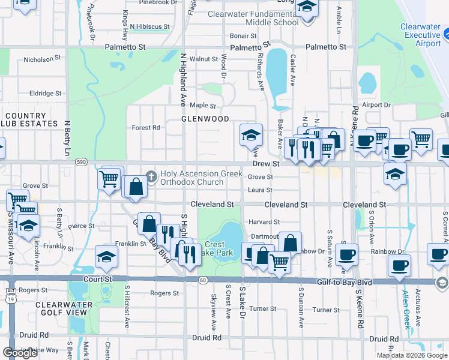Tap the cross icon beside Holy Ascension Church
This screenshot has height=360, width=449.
151,177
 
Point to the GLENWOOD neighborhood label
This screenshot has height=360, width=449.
205,119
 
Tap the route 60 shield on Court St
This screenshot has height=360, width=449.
203,280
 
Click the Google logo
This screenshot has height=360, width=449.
20,353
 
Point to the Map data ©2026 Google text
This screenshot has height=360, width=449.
412,355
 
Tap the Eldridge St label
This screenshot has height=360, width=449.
46,94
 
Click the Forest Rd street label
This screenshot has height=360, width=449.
146,128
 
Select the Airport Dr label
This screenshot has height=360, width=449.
376,104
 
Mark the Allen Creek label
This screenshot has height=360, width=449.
408,310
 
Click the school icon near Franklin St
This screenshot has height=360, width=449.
106,256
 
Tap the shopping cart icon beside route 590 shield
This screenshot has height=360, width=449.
109,178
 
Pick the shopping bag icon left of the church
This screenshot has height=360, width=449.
136,187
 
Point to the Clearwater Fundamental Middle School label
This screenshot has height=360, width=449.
253,18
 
